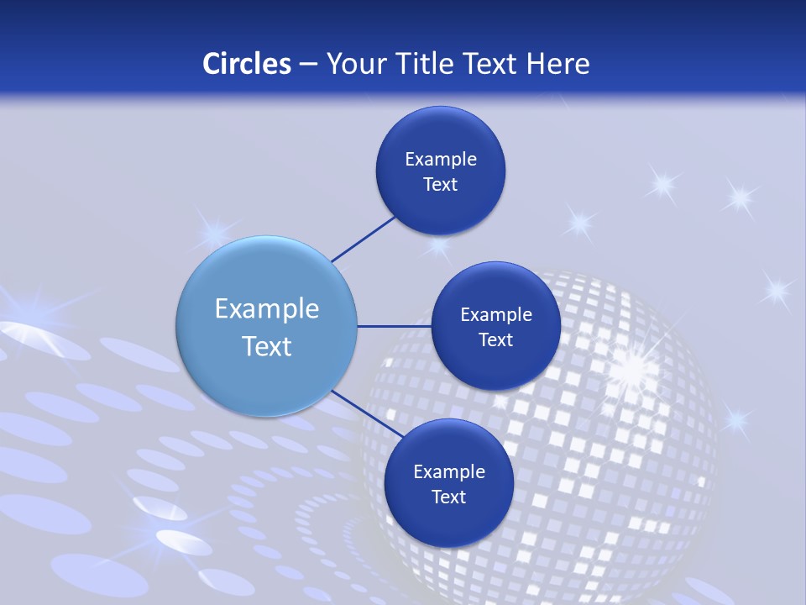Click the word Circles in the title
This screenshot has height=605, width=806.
pos(246,63)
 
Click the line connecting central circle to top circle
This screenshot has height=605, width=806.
pos(364,239)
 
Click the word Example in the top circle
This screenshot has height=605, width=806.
pos(440,160)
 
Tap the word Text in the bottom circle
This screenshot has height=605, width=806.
pos(448,497)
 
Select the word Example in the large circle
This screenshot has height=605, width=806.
pos(266,309)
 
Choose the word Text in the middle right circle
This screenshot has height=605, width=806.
pos(495,339)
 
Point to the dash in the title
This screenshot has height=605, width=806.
pos(307,64)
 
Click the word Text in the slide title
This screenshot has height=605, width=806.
pos(489,63)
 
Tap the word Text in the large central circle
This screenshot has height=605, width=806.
pos(266,346)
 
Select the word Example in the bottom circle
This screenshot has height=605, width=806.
pos(448,472)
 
